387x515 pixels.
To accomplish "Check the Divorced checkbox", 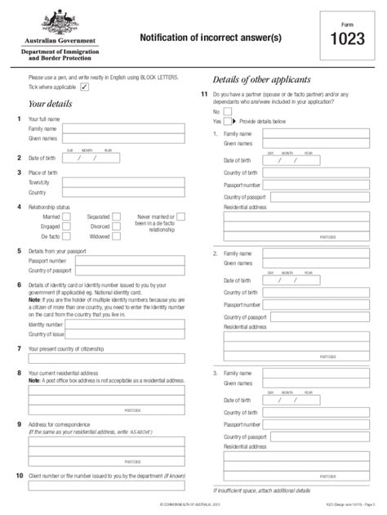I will pyautogui.click(x=116, y=226).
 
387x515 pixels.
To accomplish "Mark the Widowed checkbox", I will pyautogui.click(x=116, y=235).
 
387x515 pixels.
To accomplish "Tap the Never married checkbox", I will pyautogui.click(x=180, y=217).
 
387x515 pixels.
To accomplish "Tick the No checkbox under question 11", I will pyautogui.click(x=227, y=111).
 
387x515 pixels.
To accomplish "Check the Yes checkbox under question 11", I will pyautogui.click(x=227, y=120).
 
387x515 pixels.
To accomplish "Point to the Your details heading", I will pyautogui.click(x=51, y=105).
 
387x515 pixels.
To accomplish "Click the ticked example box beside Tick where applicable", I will pyautogui.click(x=85, y=86).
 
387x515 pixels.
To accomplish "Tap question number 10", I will pyautogui.click(x=20, y=474).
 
